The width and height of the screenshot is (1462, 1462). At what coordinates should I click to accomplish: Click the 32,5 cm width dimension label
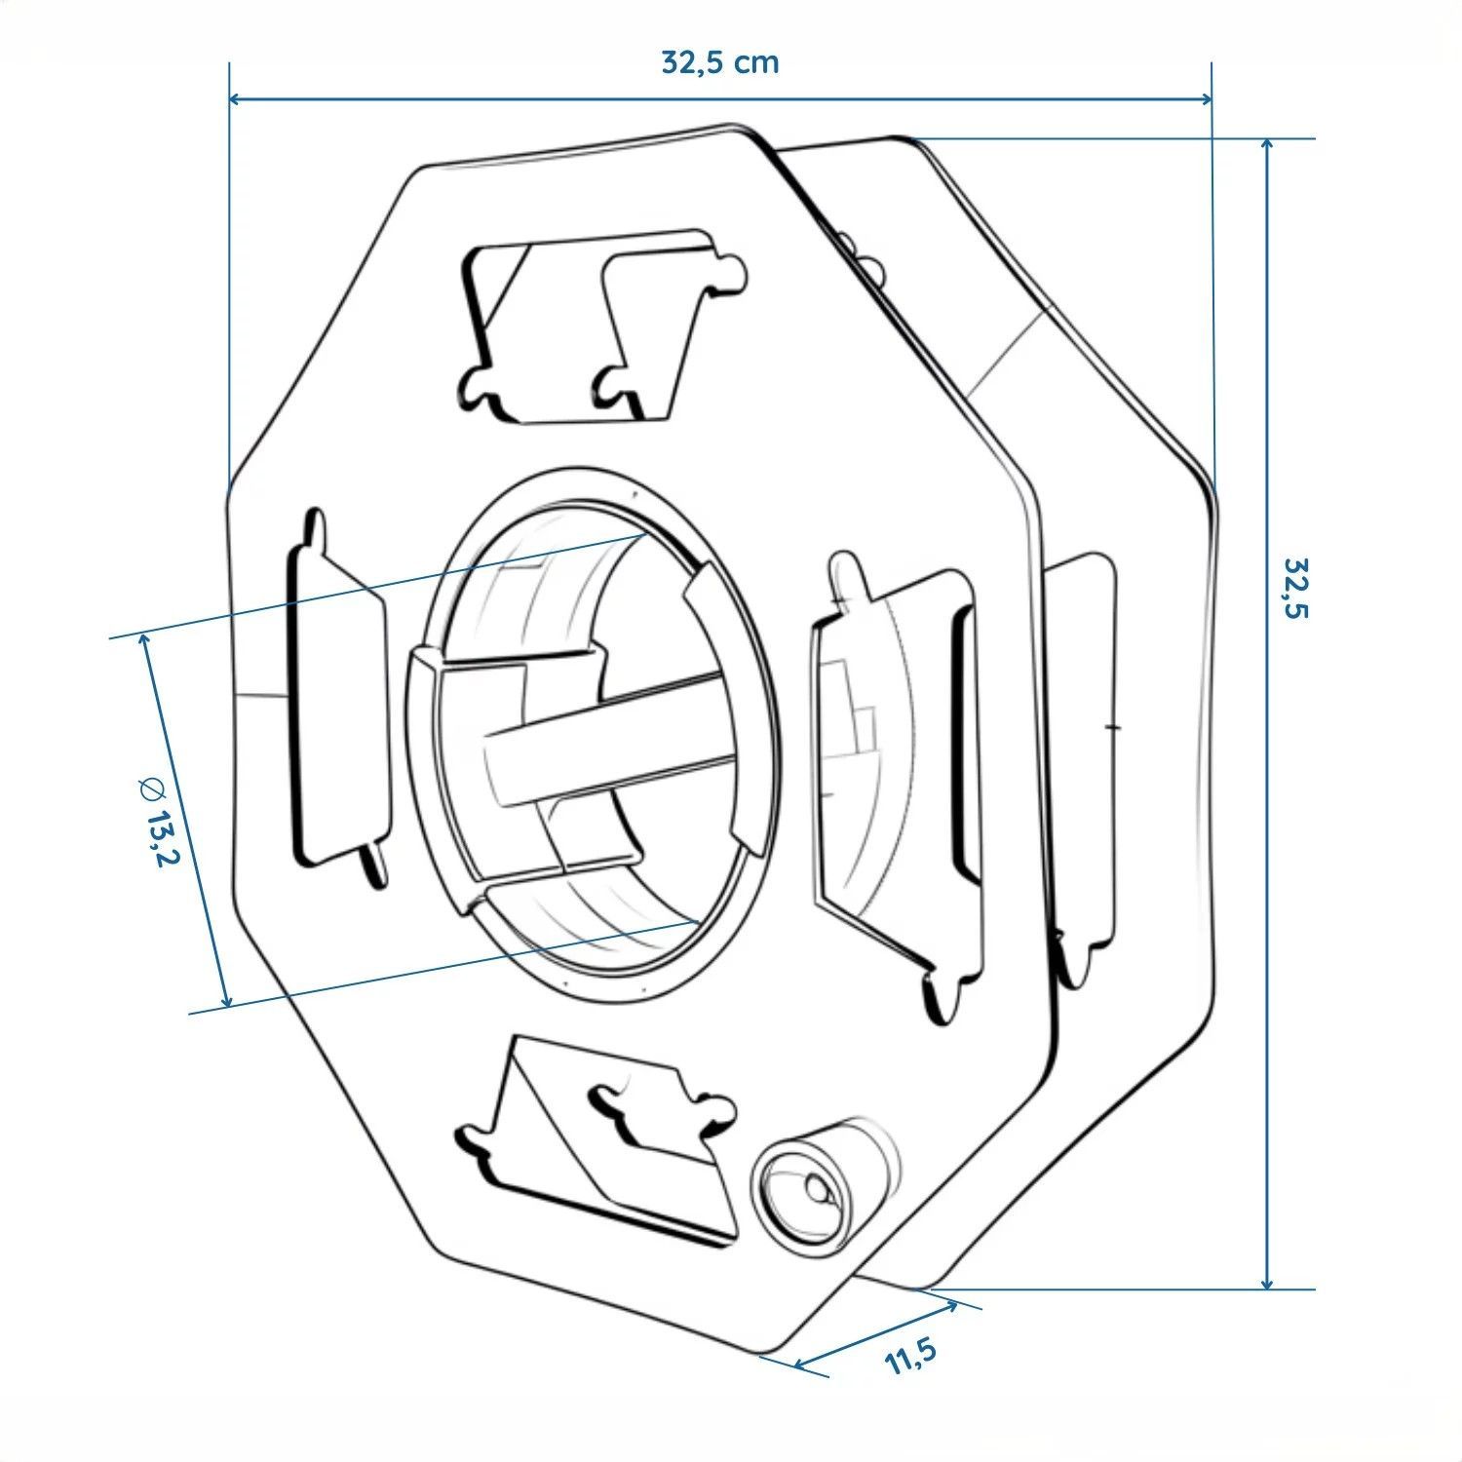[x=720, y=62]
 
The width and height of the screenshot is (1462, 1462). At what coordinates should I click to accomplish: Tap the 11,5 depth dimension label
[x=911, y=1356]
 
